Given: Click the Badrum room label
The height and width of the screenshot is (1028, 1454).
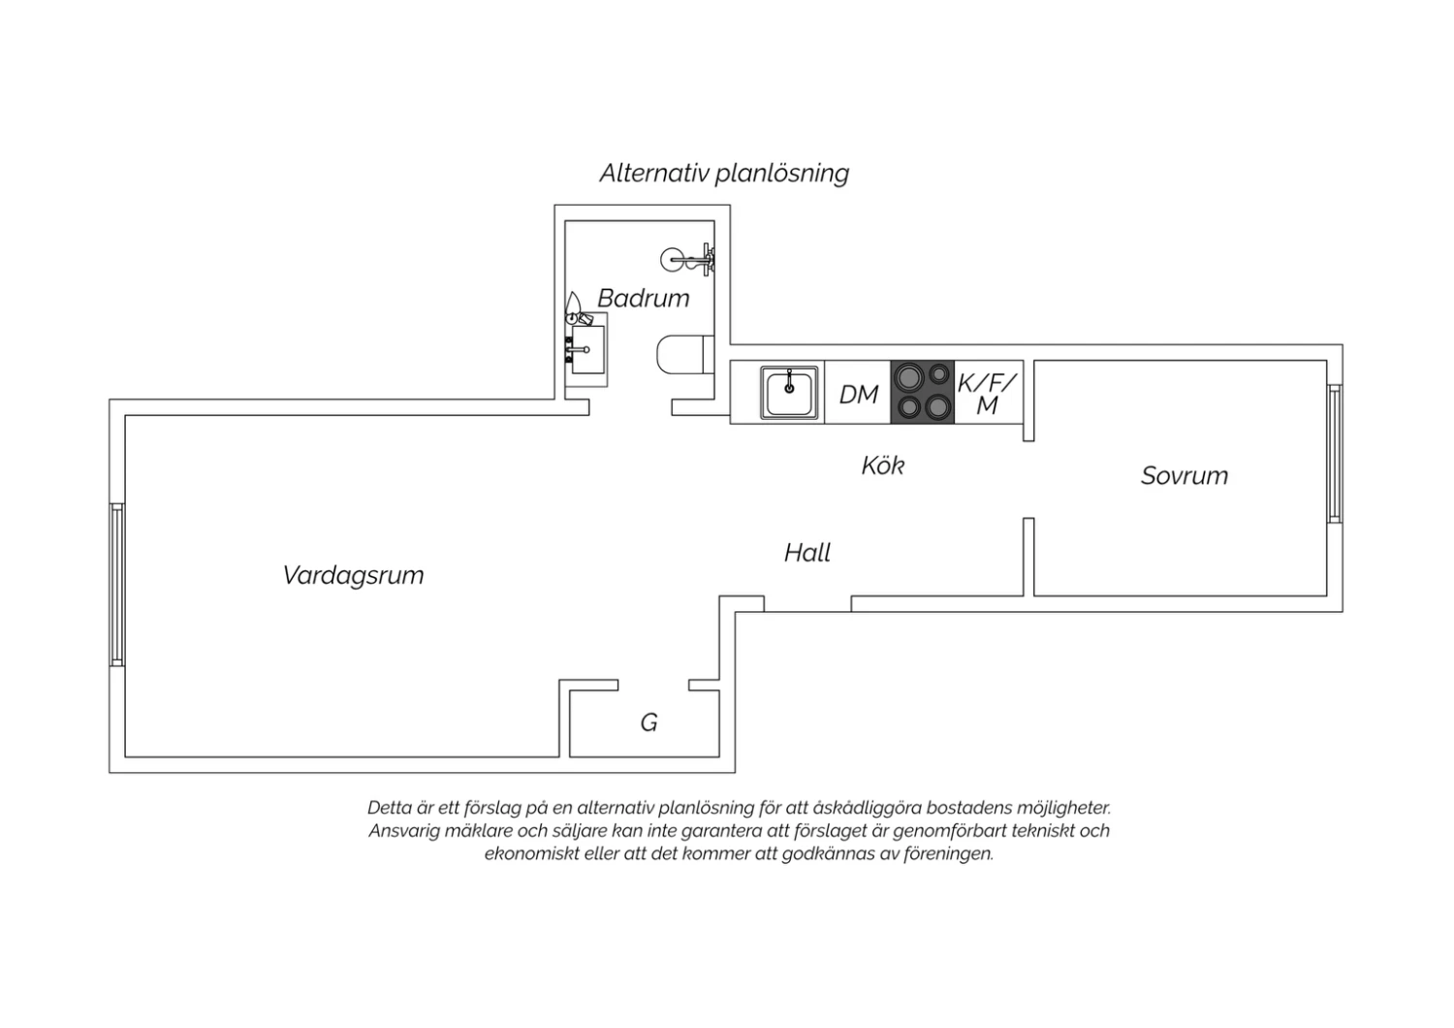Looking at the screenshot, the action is point(643,298).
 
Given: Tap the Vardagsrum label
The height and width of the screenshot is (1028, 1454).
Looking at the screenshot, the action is point(353,575).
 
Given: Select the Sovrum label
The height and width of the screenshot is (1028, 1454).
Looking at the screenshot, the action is point(1185,476).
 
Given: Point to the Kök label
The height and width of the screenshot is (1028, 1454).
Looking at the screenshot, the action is point(883,465).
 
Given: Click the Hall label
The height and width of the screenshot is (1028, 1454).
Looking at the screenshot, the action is point(806,553).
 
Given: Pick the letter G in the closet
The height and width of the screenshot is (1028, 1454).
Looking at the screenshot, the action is point(649,723).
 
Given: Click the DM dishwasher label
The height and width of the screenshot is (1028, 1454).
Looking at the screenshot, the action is point(858,394).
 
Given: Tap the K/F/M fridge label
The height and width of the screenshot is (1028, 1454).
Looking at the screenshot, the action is point(987,394).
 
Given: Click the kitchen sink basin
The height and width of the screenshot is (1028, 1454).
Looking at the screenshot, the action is point(789,392).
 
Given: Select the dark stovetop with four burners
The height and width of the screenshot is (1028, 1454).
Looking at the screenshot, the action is point(923,392).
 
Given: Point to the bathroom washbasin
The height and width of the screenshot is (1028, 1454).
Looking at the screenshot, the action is point(586,349).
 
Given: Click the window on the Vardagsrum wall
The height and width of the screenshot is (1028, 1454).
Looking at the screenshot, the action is point(117,585).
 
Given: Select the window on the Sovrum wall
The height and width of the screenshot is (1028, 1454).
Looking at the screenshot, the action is point(1335,453).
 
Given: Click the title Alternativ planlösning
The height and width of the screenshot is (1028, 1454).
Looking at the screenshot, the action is point(724,174).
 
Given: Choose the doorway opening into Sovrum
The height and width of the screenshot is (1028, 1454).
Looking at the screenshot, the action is point(1028,479).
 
